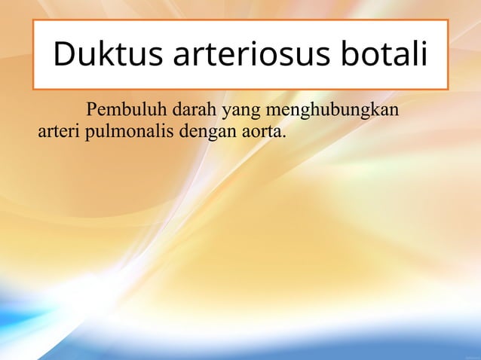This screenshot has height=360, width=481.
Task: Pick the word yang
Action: click(x=239, y=113)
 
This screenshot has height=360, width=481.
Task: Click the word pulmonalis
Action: click(x=130, y=133)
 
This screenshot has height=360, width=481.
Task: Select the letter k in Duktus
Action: click(x=104, y=56)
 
